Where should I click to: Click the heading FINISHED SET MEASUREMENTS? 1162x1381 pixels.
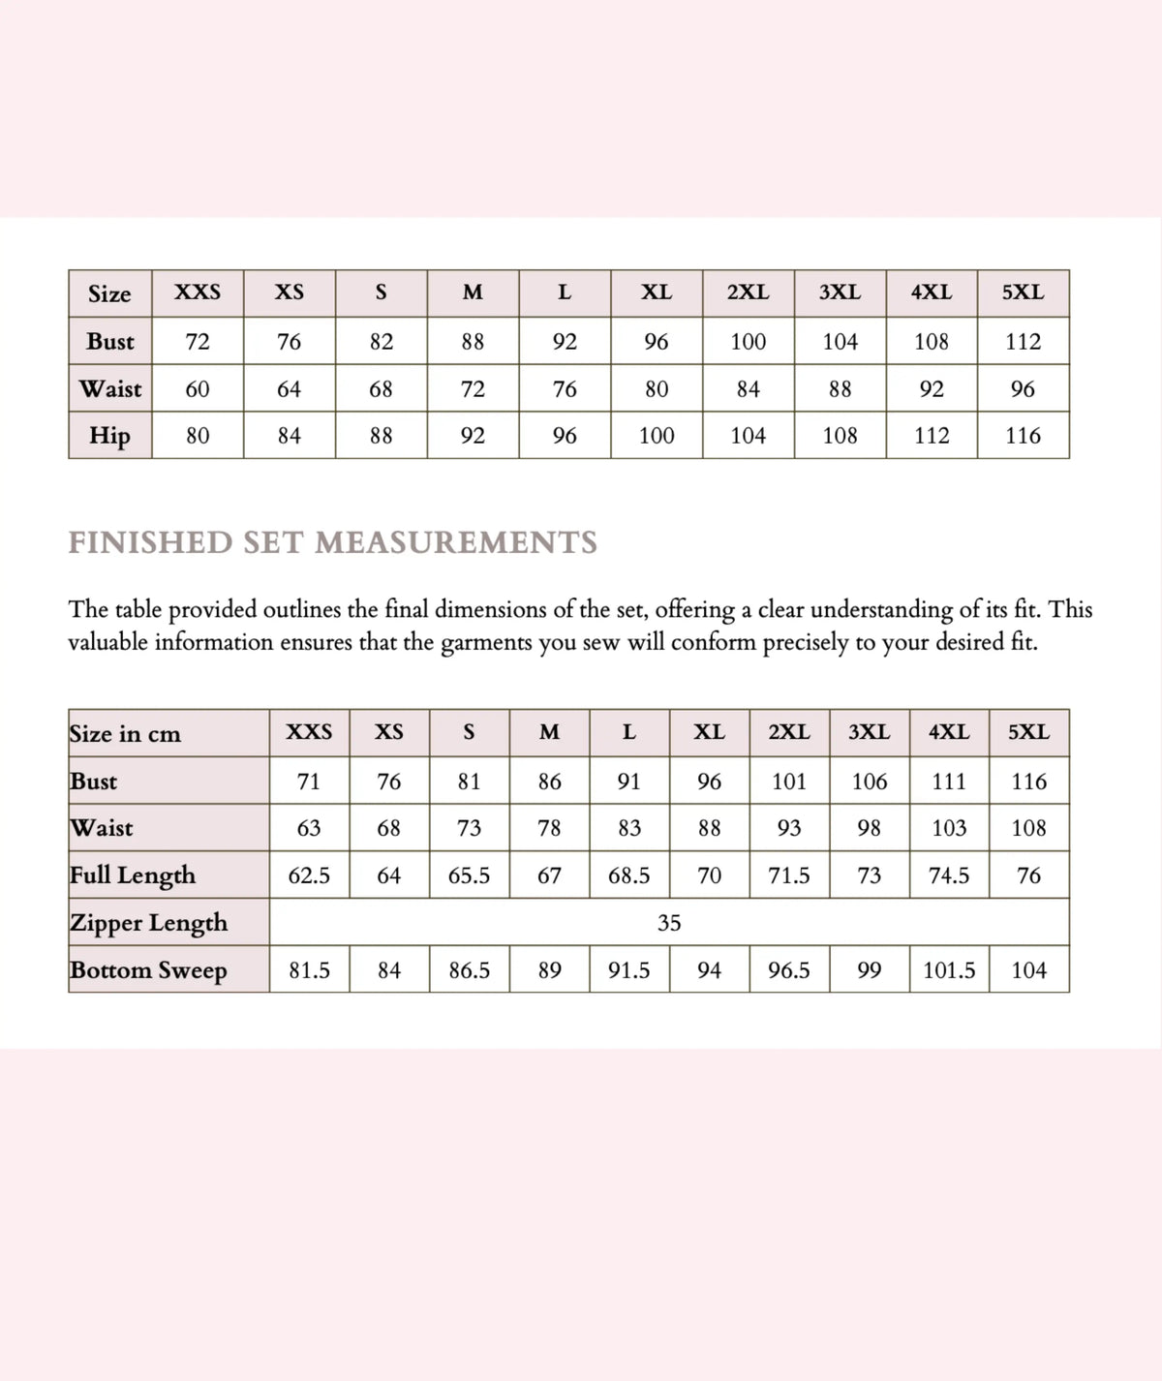[x=332, y=542]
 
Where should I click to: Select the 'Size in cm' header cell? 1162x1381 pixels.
[x=125, y=733]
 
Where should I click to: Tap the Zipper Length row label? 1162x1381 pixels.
[x=148, y=922]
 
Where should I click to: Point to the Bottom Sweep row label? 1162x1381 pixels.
[x=148, y=969]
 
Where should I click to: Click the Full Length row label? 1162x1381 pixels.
[x=133, y=875]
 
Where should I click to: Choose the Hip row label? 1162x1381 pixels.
[x=109, y=435]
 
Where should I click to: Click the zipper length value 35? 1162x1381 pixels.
[x=669, y=923]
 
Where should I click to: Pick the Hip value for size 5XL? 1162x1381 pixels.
[x=1023, y=436]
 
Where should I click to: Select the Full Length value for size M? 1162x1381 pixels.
[x=549, y=875]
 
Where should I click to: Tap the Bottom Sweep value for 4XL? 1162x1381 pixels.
[x=949, y=970]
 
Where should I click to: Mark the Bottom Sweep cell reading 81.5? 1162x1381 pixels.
[x=309, y=970]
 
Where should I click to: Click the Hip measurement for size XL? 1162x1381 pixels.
[x=657, y=436]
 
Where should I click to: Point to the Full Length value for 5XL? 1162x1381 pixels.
[x=1028, y=875]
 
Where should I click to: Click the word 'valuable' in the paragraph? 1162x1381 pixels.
[x=107, y=642]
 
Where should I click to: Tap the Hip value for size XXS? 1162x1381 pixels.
[x=198, y=436]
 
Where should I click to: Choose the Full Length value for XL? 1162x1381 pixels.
[x=709, y=875]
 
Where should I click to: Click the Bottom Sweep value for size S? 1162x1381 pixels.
[x=469, y=970]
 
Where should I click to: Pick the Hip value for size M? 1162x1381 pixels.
[x=473, y=436]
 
